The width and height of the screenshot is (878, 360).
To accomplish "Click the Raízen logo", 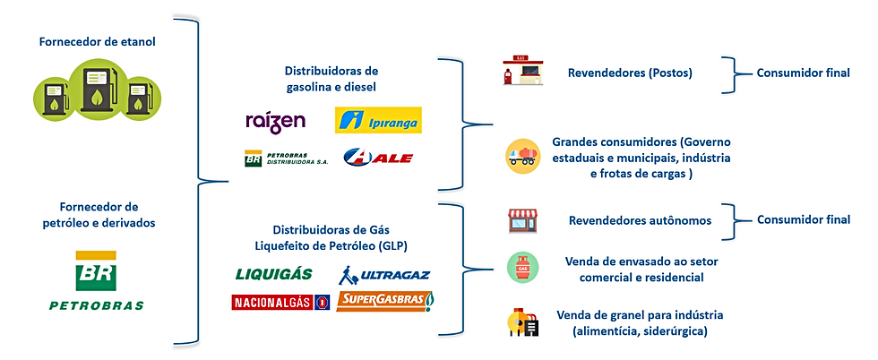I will tap(276, 122).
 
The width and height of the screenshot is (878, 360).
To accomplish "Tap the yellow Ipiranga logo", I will tap(377, 121).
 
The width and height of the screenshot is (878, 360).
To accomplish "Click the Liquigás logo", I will tap(273, 274).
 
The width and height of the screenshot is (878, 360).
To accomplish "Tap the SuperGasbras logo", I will tap(383, 302).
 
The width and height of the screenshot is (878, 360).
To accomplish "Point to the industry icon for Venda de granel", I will tap(521, 321).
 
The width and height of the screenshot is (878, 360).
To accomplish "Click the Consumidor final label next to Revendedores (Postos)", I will tap(802, 73).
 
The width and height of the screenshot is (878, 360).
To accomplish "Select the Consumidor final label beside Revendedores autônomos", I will tap(802, 219).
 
